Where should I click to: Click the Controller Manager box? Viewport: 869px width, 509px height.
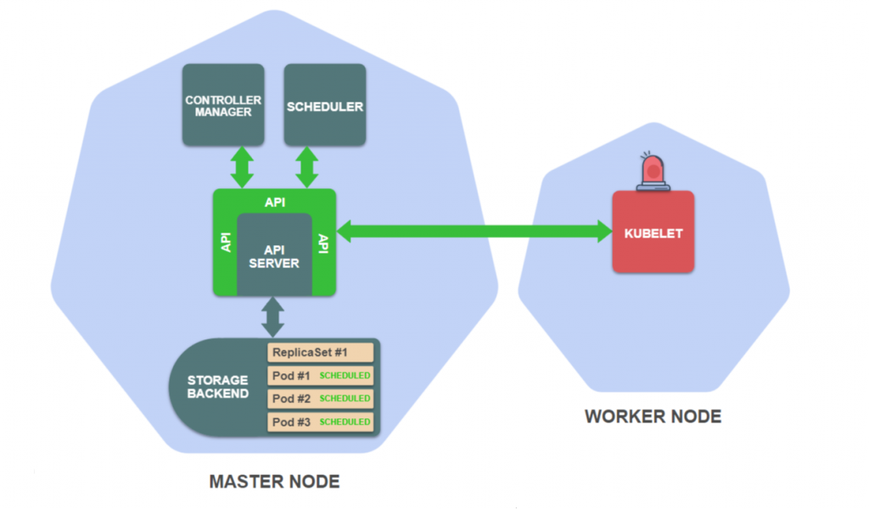tap(223, 105)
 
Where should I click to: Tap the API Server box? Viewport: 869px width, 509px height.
tap(274, 255)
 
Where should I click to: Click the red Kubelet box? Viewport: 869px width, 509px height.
tap(653, 232)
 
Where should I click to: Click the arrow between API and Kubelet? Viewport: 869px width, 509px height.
tap(475, 230)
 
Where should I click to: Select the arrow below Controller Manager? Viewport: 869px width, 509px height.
tap(243, 166)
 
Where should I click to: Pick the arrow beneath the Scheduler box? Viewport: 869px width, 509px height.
tap(308, 166)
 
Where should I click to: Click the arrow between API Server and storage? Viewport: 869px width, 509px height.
tap(273, 316)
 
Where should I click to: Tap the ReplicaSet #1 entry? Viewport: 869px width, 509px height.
tap(321, 352)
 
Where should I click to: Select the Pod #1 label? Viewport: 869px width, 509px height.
tap(291, 375)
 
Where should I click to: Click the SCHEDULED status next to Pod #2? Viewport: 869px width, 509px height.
tap(345, 398)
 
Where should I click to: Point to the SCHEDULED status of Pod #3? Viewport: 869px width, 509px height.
tap(345, 422)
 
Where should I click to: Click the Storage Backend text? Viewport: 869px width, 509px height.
tap(218, 387)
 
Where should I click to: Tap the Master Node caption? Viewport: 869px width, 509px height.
tap(274, 482)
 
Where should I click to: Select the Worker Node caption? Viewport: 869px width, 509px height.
tap(653, 417)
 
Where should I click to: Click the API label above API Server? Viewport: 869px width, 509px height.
tap(274, 202)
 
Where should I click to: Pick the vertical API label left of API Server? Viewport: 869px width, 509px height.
tap(226, 243)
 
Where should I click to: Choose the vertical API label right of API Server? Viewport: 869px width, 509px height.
tap(322, 243)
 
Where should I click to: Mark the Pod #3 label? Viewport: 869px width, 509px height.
tap(291, 422)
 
